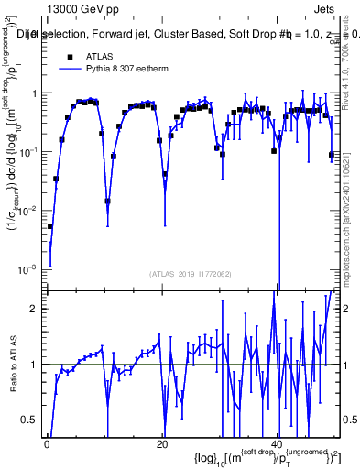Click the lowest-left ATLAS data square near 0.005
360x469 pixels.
50,226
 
